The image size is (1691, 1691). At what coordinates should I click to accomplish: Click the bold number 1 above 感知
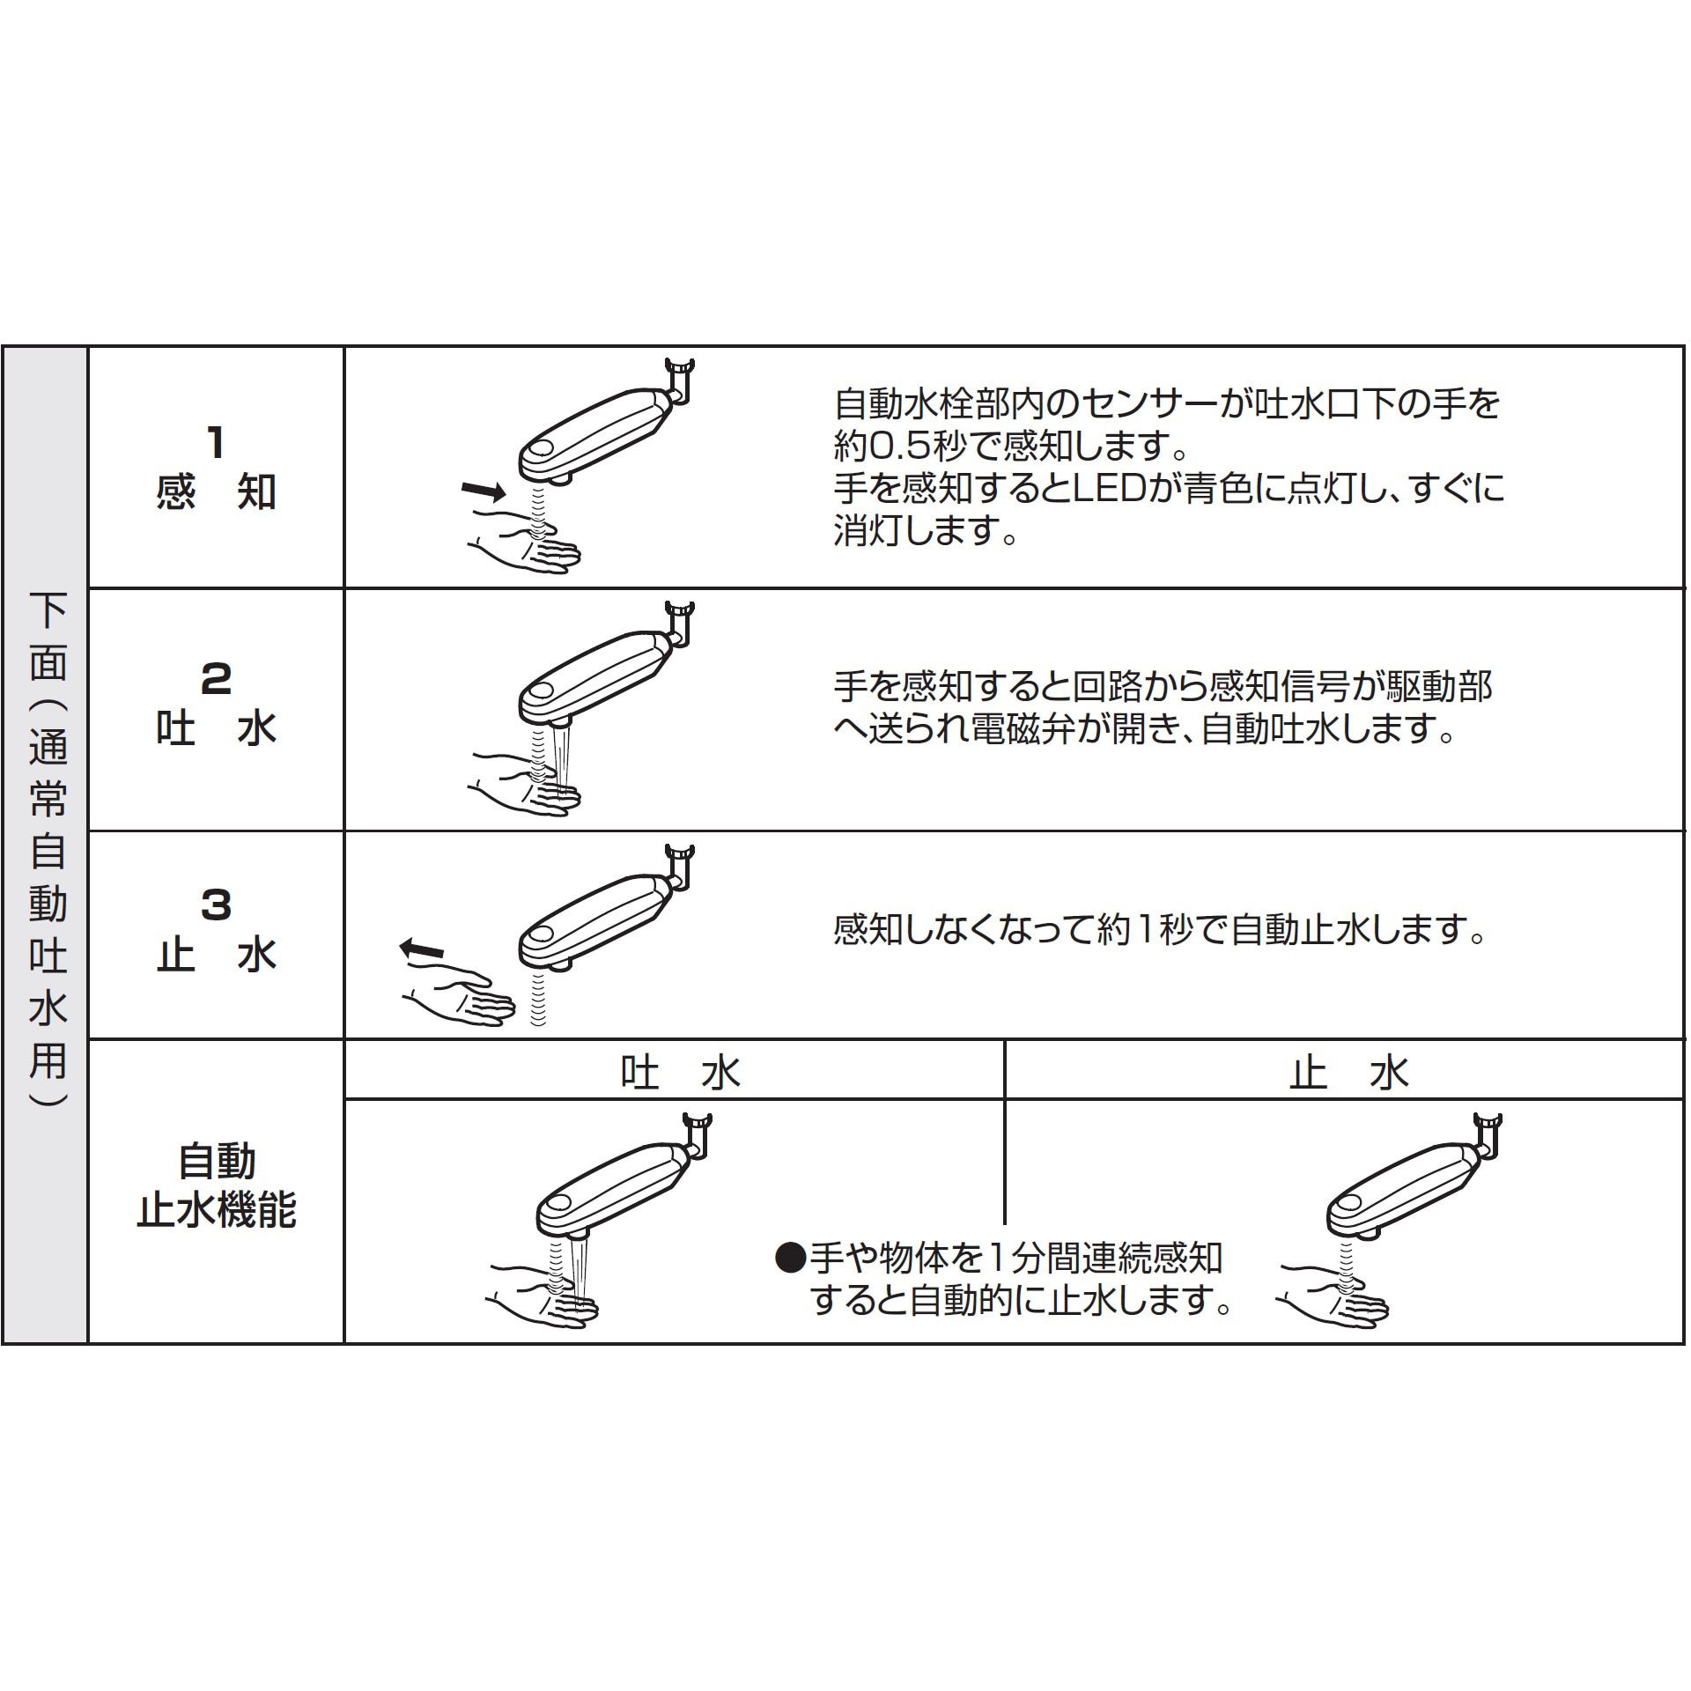(x=215, y=442)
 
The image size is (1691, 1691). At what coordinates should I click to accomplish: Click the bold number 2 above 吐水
(x=216, y=679)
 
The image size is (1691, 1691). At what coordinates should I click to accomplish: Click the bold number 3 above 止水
(x=216, y=905)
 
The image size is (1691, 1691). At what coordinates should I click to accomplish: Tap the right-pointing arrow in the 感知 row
(x=484, y=490)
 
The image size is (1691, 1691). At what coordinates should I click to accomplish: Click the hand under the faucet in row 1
(x=528, y=547)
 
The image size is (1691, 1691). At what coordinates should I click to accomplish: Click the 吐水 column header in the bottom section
(x=679, y=1073)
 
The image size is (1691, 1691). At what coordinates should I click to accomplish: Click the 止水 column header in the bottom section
(x=1348, y=1073)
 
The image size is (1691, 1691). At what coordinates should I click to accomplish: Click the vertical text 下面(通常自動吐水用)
(x=48, y=845)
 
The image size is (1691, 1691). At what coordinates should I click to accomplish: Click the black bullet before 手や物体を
(x=789, y=1259)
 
